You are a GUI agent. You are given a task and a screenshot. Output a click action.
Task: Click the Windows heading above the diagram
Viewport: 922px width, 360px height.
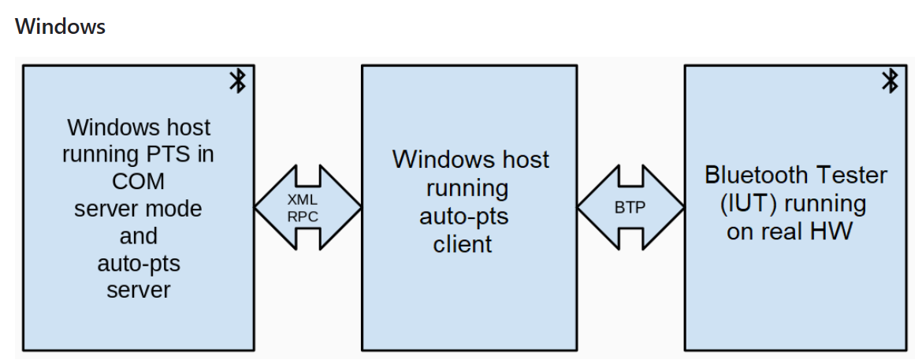[60, 26]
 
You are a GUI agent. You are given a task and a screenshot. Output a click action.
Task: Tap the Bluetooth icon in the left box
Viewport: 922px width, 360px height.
[236, 80]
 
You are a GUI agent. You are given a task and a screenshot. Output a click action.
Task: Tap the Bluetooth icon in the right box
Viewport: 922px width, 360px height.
[889, 80]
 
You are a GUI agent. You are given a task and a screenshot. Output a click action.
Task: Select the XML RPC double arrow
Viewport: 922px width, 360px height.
[307, 208]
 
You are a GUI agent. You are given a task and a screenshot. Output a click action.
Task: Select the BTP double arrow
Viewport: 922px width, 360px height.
[630, 208]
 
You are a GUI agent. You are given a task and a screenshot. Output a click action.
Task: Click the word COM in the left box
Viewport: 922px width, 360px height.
[139, 181]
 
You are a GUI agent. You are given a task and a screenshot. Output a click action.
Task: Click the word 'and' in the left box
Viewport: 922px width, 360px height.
[139, 236]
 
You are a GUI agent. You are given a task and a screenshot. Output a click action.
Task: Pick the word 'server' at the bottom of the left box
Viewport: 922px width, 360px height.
[139, 290]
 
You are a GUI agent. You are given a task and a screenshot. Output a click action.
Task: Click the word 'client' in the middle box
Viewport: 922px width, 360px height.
[463, 244]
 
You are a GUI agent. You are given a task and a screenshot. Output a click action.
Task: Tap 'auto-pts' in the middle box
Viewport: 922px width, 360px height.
[463, 217]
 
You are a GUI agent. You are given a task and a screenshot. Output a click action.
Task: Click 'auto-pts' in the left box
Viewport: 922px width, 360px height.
[139, 263]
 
